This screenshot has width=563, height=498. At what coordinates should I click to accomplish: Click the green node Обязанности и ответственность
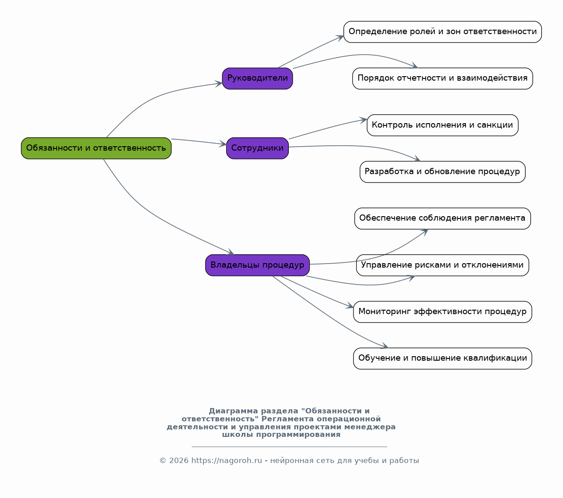[96, 148]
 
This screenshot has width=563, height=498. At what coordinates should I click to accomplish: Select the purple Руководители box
[257, 79]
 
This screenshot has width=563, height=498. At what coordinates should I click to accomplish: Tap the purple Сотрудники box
[257, 148]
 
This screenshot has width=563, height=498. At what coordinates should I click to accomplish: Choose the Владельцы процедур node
[257, 265]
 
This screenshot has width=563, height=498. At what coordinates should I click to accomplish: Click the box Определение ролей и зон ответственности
[443, 32]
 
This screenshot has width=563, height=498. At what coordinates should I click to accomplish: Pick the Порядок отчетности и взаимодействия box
[443, 79]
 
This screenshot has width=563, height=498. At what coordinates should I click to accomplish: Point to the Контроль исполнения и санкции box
[443, 125]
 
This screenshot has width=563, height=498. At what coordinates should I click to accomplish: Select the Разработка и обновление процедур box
[443, 172]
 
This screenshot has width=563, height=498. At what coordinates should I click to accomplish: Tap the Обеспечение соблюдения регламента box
[443, 219]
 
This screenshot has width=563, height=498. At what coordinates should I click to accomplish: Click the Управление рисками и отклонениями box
[443, 265]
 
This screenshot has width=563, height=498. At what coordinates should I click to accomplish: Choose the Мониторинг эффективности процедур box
[443, 312]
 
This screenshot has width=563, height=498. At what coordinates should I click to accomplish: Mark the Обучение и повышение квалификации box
[443, 359]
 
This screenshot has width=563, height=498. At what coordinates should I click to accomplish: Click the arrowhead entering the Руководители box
[219, 84]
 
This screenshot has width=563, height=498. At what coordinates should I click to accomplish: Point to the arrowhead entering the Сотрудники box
[223, 144]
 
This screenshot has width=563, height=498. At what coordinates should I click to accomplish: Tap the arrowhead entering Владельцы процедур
[231, 252]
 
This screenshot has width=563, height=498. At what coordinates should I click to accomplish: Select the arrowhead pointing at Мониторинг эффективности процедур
[350, 306]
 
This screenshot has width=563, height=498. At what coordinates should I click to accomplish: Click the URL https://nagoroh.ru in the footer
[226, 461]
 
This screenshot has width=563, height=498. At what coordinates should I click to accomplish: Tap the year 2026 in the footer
[179, 461]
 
